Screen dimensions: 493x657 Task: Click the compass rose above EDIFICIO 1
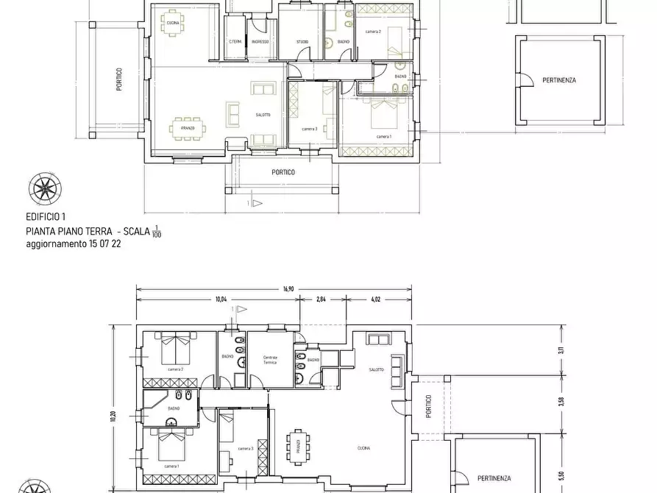(44, 189)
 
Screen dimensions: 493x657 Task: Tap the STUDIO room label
(302, 42)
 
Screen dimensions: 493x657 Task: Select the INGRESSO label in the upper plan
(260, 42)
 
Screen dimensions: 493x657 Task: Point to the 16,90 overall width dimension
(288, 289)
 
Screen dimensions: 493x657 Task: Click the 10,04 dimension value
(221, 300)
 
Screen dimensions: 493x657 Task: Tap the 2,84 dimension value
(321, 300)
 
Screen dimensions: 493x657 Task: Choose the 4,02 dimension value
(376, 300)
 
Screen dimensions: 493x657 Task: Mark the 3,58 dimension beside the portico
(561, 401)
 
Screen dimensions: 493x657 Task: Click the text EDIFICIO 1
(46, 217)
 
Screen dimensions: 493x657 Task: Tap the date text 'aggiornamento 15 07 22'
(74, 244)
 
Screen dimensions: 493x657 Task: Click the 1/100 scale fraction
(156, 233)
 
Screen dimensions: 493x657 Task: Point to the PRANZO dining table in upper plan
(188, 128)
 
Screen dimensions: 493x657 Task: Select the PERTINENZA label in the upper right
(559, 80)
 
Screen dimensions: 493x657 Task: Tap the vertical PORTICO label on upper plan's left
(118, 79)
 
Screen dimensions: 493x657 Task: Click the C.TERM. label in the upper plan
(235, 42)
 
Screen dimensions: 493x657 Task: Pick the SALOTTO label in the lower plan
(376, 369)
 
